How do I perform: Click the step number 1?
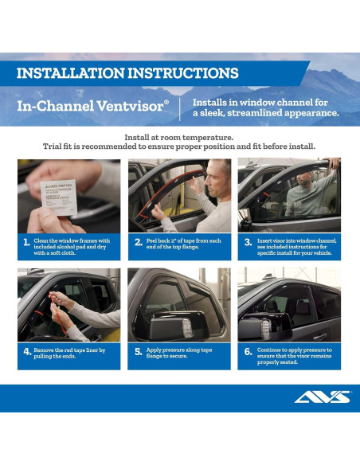(26, 243)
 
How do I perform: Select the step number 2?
(138, 243)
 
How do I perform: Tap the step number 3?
(248, 243)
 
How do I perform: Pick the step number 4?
(27, 351)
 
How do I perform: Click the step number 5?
(138, 351)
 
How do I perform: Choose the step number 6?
(248, 351)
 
